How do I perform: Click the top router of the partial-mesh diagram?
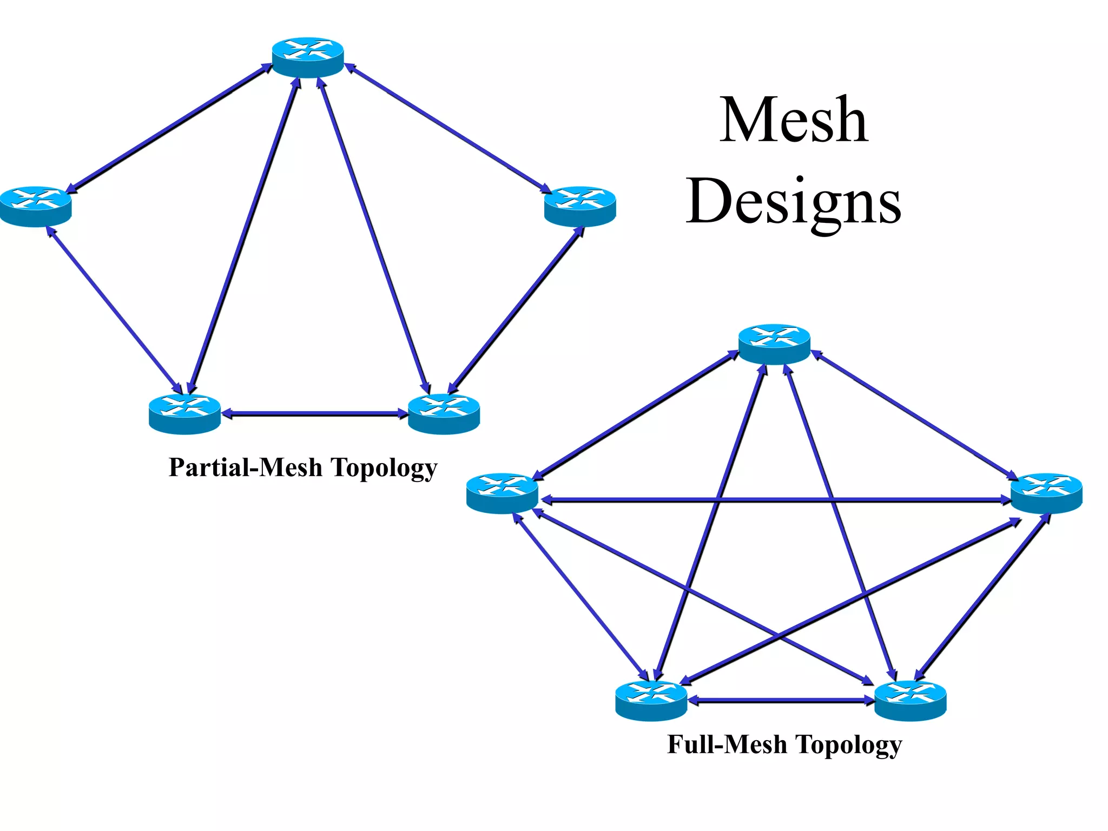click(x=308, y=57)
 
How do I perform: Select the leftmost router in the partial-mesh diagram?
click(x=36, y=206)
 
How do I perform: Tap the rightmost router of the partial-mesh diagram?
click(x=580, y=206)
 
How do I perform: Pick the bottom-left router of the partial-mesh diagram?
click(x=184, y=414)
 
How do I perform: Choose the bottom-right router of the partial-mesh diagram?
click(x=444, y=414)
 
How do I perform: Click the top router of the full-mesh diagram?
click(x=774, y=344)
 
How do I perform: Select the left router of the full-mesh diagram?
click(x=502, y=493)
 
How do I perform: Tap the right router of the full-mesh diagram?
click(x=1046, y=493)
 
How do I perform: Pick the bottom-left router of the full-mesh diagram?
click(x=651, y=701)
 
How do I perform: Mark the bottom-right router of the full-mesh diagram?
click(x=911, y=701)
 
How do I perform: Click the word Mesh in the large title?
click(x=793, y=120)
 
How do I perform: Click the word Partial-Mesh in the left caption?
click(x=245, y=467)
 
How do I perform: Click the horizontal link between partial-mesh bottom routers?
click(x=314, y=414)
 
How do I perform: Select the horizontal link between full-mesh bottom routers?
click(x=781, y=700)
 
